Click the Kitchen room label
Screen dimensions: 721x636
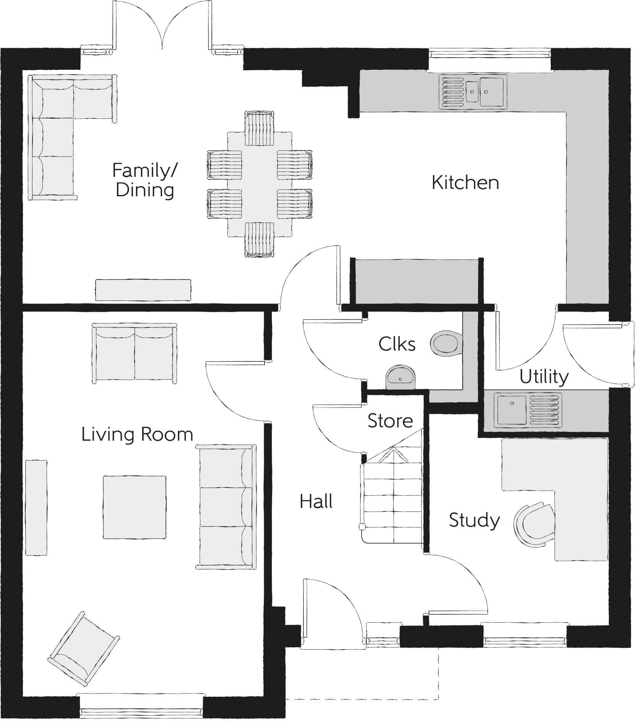pos(465,183)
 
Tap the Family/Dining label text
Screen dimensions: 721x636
pos(144,180)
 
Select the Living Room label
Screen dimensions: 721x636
pos(137,434)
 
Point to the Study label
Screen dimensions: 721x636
pos(474,520)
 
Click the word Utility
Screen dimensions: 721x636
pos(544,377)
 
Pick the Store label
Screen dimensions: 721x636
pos(390,421)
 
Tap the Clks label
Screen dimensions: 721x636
pos(397,344)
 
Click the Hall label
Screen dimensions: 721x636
pos(316,501)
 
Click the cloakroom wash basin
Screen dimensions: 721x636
pos(400,377)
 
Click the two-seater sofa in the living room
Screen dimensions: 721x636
pos(135,353)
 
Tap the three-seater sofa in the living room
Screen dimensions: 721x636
pos(226,506)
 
